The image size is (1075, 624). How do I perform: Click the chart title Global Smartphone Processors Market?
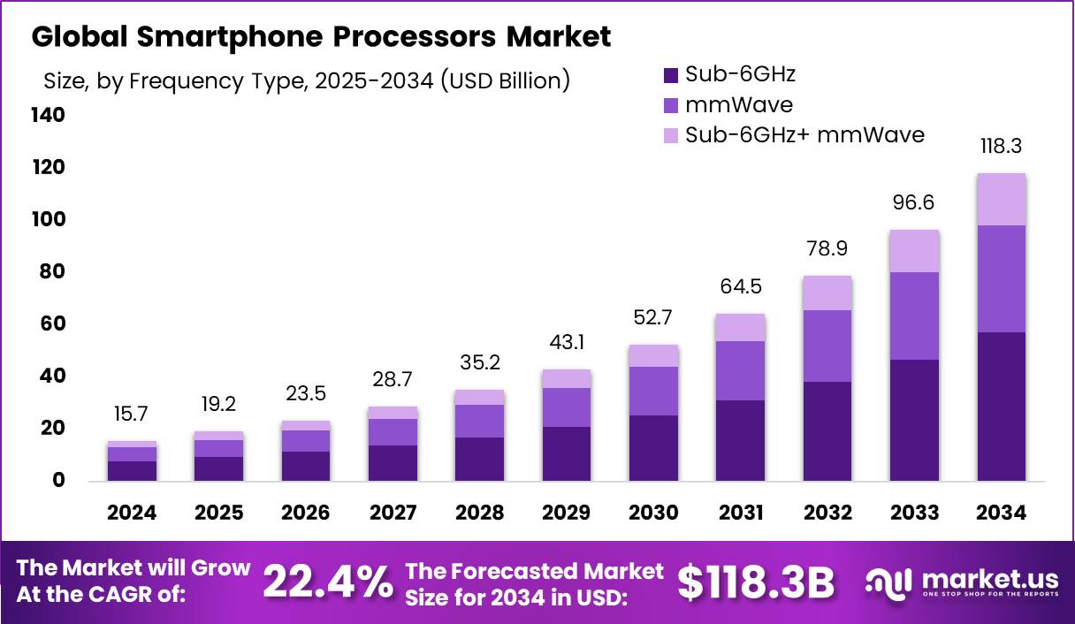pyautogui.click(x=321, y=36)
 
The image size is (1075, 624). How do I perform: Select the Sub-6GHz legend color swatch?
pyautogui.click(x=669, y=75)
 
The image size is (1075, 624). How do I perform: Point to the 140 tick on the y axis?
pyautogui.click(x=48, y=115)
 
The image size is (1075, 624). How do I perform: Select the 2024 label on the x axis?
pyautogui.click(x=133, y=514)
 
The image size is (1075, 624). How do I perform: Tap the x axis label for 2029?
pyautogui.click(x=567, y=514)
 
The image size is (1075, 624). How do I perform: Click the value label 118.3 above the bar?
pyautogui.click(x=1001, y=147)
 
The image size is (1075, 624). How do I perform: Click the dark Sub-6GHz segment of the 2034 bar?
pyautogui.click(x=1001, y=407)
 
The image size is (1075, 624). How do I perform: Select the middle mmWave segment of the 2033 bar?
pyautogui.click(x=914, y=316)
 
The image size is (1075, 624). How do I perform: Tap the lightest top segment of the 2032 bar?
pyautogui.click(x=827, y=293)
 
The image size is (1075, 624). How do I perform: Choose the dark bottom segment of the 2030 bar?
pyautogui.click(x=653, y=447)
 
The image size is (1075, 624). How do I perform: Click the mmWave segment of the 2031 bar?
pyautogui.click(x=741, y=370)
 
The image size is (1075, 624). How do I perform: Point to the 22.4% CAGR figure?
pyautogui.click(x=328, y=582)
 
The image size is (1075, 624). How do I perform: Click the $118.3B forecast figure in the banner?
pyautogui.click(x=756, y=582)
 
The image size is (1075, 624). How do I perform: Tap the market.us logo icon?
pyautogui.click(x=888, y=582)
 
